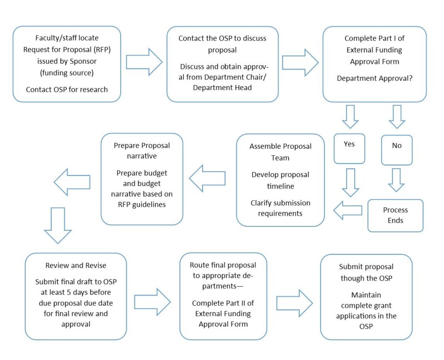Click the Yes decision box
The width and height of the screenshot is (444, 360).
pyautogui.click(x=349, y=149)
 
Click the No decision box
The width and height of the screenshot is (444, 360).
pyautogui.click(x=397, y=150)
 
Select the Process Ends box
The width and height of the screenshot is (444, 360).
pyautogui.click(x=395, y=216)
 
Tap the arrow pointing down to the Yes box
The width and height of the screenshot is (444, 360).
pyautogui.click(x=350, y=117)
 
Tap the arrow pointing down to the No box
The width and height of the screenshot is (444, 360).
pyautogui.click(x=397, y=117)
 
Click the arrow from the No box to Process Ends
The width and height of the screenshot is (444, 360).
pyautogui.click(x=396, y=180)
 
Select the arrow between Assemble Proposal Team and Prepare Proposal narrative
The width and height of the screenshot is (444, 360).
pyautogui.click(x=207, y=178)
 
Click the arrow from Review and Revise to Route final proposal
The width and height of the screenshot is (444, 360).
pyautogui.click(x=152, y=302)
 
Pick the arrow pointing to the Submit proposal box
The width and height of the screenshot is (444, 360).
pyautogui.click(x=294, y=303)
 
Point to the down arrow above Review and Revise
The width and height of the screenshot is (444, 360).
pyautogui.click(x=58, y=225)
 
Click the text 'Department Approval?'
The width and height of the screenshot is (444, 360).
pyautogui.click(x=374, y=78)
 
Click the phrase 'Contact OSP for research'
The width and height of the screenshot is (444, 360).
pyautogui.click(x=67, y=90)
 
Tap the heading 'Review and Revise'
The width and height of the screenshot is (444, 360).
pyautogui.click(x=75, y=266)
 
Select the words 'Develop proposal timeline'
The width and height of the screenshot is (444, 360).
pyautogui.click(x=280, y=180)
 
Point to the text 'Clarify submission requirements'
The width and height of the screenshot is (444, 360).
pyautogui.click(x=280, y=208)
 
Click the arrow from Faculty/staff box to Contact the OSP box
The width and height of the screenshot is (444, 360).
pyautogui.click(x=144, y=62)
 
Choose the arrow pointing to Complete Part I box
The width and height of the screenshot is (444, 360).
pyautogui.click(x=300, y=63)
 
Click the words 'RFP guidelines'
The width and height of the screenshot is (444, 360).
pyautogui.click(x=141, y=204)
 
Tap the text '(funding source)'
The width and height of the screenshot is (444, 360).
pyautogui.click(x=67, y=73)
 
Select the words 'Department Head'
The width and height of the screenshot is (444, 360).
pyautogui.click(x=222, y=88)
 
